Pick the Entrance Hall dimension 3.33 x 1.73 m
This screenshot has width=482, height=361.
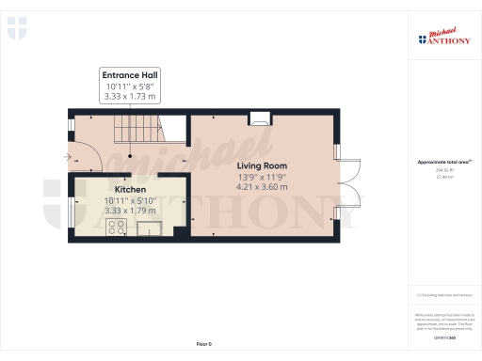(131, 96)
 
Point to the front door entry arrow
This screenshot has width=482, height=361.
(66, 157)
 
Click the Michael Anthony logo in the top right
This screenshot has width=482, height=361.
(444, 39)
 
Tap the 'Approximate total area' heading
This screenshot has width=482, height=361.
(443, 163)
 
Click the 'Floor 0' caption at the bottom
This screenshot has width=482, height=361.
(204, 345)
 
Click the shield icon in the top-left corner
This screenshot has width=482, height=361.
(16, 28)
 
